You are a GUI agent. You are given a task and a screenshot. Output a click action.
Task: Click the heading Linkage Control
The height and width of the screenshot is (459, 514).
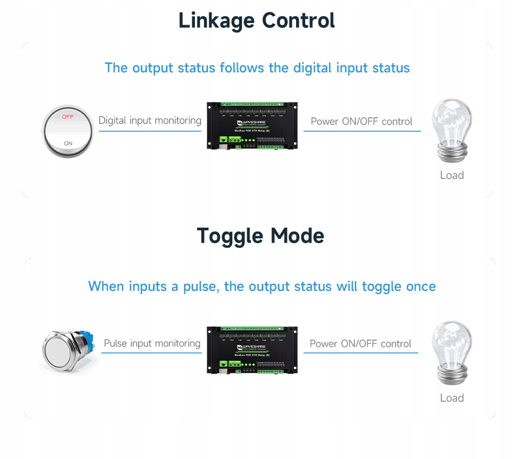point(256,21)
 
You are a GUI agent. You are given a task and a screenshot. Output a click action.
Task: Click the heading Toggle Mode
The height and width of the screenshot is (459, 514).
point(260,236)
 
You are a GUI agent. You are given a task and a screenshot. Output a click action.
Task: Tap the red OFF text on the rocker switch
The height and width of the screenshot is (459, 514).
point(68,116)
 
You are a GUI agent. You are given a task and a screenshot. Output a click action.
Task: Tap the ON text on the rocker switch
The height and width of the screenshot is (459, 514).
point(68,144)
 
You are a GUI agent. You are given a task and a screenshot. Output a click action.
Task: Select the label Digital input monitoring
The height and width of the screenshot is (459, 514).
point(150,121)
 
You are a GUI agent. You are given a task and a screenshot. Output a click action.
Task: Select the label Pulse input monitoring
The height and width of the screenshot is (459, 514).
point(152,343)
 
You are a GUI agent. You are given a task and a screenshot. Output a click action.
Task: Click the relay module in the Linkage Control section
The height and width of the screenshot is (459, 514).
point(252,125)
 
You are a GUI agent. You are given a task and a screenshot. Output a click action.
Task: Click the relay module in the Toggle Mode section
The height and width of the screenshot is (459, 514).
point(252,350)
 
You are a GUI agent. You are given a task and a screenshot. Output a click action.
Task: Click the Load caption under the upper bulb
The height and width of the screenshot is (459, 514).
point(451,175)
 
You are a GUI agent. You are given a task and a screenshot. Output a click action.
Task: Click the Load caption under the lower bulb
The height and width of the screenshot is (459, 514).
point(451,398)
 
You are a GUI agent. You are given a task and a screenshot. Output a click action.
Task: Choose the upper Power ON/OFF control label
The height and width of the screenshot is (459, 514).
point(361,122)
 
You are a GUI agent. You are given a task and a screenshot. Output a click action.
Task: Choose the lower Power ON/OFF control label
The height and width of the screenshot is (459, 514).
point(360,344)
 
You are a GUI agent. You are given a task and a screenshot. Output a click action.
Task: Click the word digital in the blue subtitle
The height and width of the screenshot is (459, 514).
point(312,69)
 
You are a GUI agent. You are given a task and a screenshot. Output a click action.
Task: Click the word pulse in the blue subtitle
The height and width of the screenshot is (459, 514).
point(199,287)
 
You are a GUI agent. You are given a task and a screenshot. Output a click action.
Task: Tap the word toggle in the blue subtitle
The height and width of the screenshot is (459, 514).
point(382,287)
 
